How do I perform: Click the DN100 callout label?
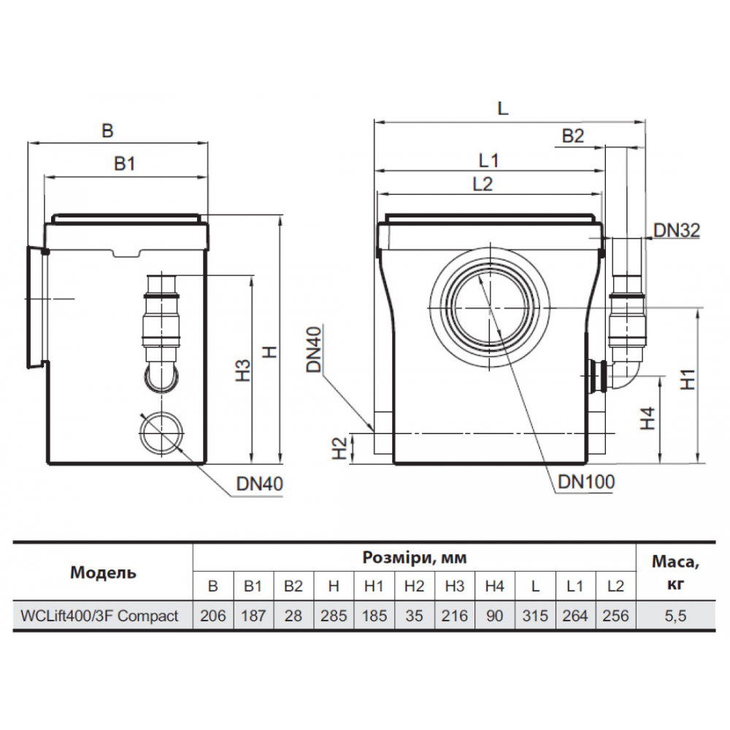pos(585,481)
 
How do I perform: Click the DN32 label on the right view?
pos(676,231)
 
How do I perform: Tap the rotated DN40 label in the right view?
pos(314,350)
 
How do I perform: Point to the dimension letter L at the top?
pos(502,109)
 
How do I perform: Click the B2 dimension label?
pos(573,136)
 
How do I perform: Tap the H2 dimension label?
pos(339,449)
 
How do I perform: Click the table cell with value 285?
pos(334,615)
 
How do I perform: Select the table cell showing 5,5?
pos(676,615)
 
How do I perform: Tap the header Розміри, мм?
pos(414,558)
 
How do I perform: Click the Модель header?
pos(103,572)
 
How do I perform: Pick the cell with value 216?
pos(455,615)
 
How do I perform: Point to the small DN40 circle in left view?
pos(160,432)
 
